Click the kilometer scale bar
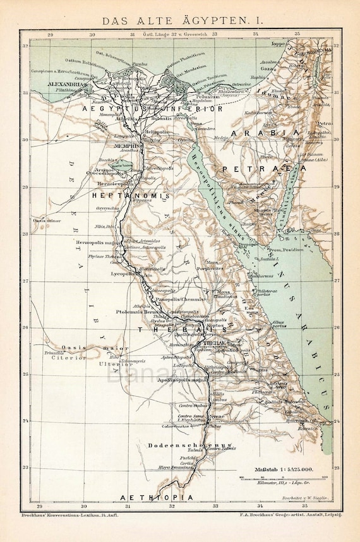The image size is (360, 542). click(277, 478)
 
